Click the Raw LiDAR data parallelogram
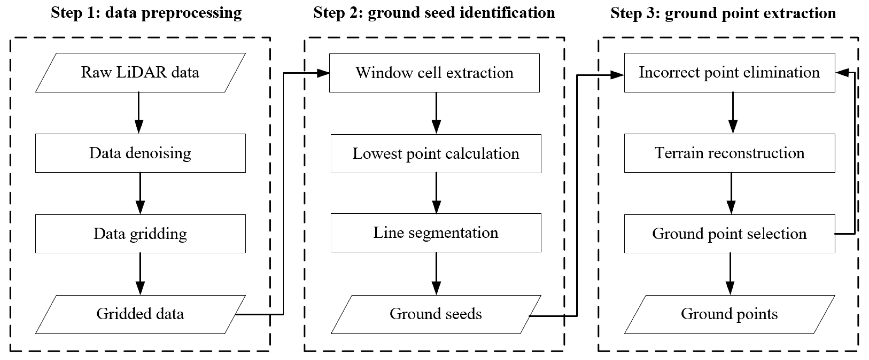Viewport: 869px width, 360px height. pyautogui.click(x=140, y=73)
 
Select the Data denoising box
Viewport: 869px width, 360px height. pyautogui.click(x=140, y=153)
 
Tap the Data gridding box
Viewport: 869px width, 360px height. pyautogui.click(x=140, y=234)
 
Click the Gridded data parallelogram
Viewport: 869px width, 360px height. pyautogui.click(x=140, y=314)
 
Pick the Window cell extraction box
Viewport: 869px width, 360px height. pyautogui.click(x=434, y=73)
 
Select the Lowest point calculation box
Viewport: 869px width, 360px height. pyautogui.click(x=436, y=154)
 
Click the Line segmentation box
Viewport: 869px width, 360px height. pyautogui.click(x=436, y=233)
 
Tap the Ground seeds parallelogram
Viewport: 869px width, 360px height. pyautogui.click(x=436, y=314)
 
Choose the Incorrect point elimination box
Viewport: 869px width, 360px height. pyautogui.click(x=729, y=73)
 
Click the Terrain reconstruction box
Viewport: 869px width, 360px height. pyautogui.click(x=729, y=153)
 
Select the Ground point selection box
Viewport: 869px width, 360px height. pyautogui.click(x=729, y=234)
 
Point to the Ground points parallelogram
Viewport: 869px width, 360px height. pyautogui.click(x=729, y=314)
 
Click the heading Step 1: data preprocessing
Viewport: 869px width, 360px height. pyautogui.click(x=146, y=13)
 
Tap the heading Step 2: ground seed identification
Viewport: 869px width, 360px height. pyautogui.click(x=434, y=13)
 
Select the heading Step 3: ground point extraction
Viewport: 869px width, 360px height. pyautogui.click(x=723, y=13)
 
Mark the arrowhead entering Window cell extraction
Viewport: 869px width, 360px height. pyautogui.click(x=323, y=73)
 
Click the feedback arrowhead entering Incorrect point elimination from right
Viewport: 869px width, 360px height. pyautogui.click(x=842, y=73)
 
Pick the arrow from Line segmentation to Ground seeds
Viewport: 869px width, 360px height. pyautogui.click(x=436, y=273)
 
